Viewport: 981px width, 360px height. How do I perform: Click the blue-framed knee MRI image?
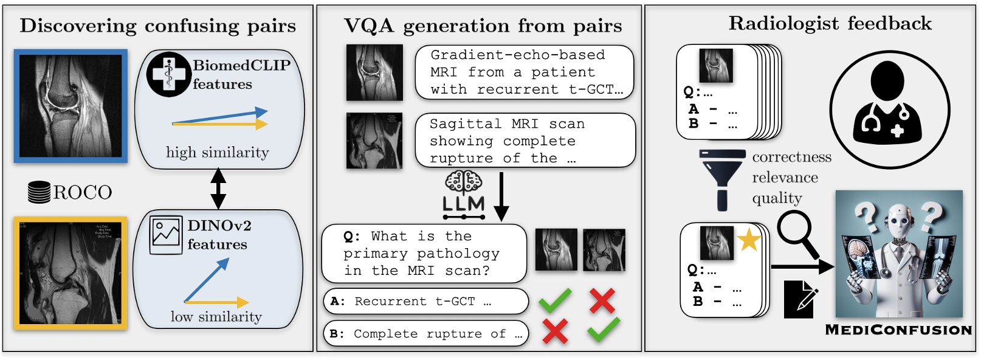tap(71, 106)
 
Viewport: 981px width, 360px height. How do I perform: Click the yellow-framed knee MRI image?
tap(71, 273)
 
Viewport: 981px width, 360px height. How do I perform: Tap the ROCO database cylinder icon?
tap(39, 192)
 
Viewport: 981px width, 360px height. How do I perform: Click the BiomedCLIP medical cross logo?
tap(168, 75)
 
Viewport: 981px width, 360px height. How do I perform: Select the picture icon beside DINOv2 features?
tap(165, 235)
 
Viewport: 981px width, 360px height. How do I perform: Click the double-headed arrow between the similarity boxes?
tap(218, 189)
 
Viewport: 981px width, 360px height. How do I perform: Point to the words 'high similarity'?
tap(217, 153)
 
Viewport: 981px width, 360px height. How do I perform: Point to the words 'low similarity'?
tap(216, 317)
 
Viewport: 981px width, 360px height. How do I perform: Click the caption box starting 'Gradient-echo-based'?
tap(524, 72)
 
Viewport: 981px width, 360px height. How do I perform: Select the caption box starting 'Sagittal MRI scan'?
tap(525, 140)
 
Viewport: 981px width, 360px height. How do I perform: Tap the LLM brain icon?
tap(464, 182)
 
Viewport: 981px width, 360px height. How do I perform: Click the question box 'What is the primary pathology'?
tap(424, 254)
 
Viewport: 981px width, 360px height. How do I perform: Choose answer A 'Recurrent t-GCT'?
tap(425, 301)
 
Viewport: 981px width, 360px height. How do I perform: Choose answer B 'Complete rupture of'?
tap(425, 334)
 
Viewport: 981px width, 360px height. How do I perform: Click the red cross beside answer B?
tap(555, 331)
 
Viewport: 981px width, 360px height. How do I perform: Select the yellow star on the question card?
tap(749, 240)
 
